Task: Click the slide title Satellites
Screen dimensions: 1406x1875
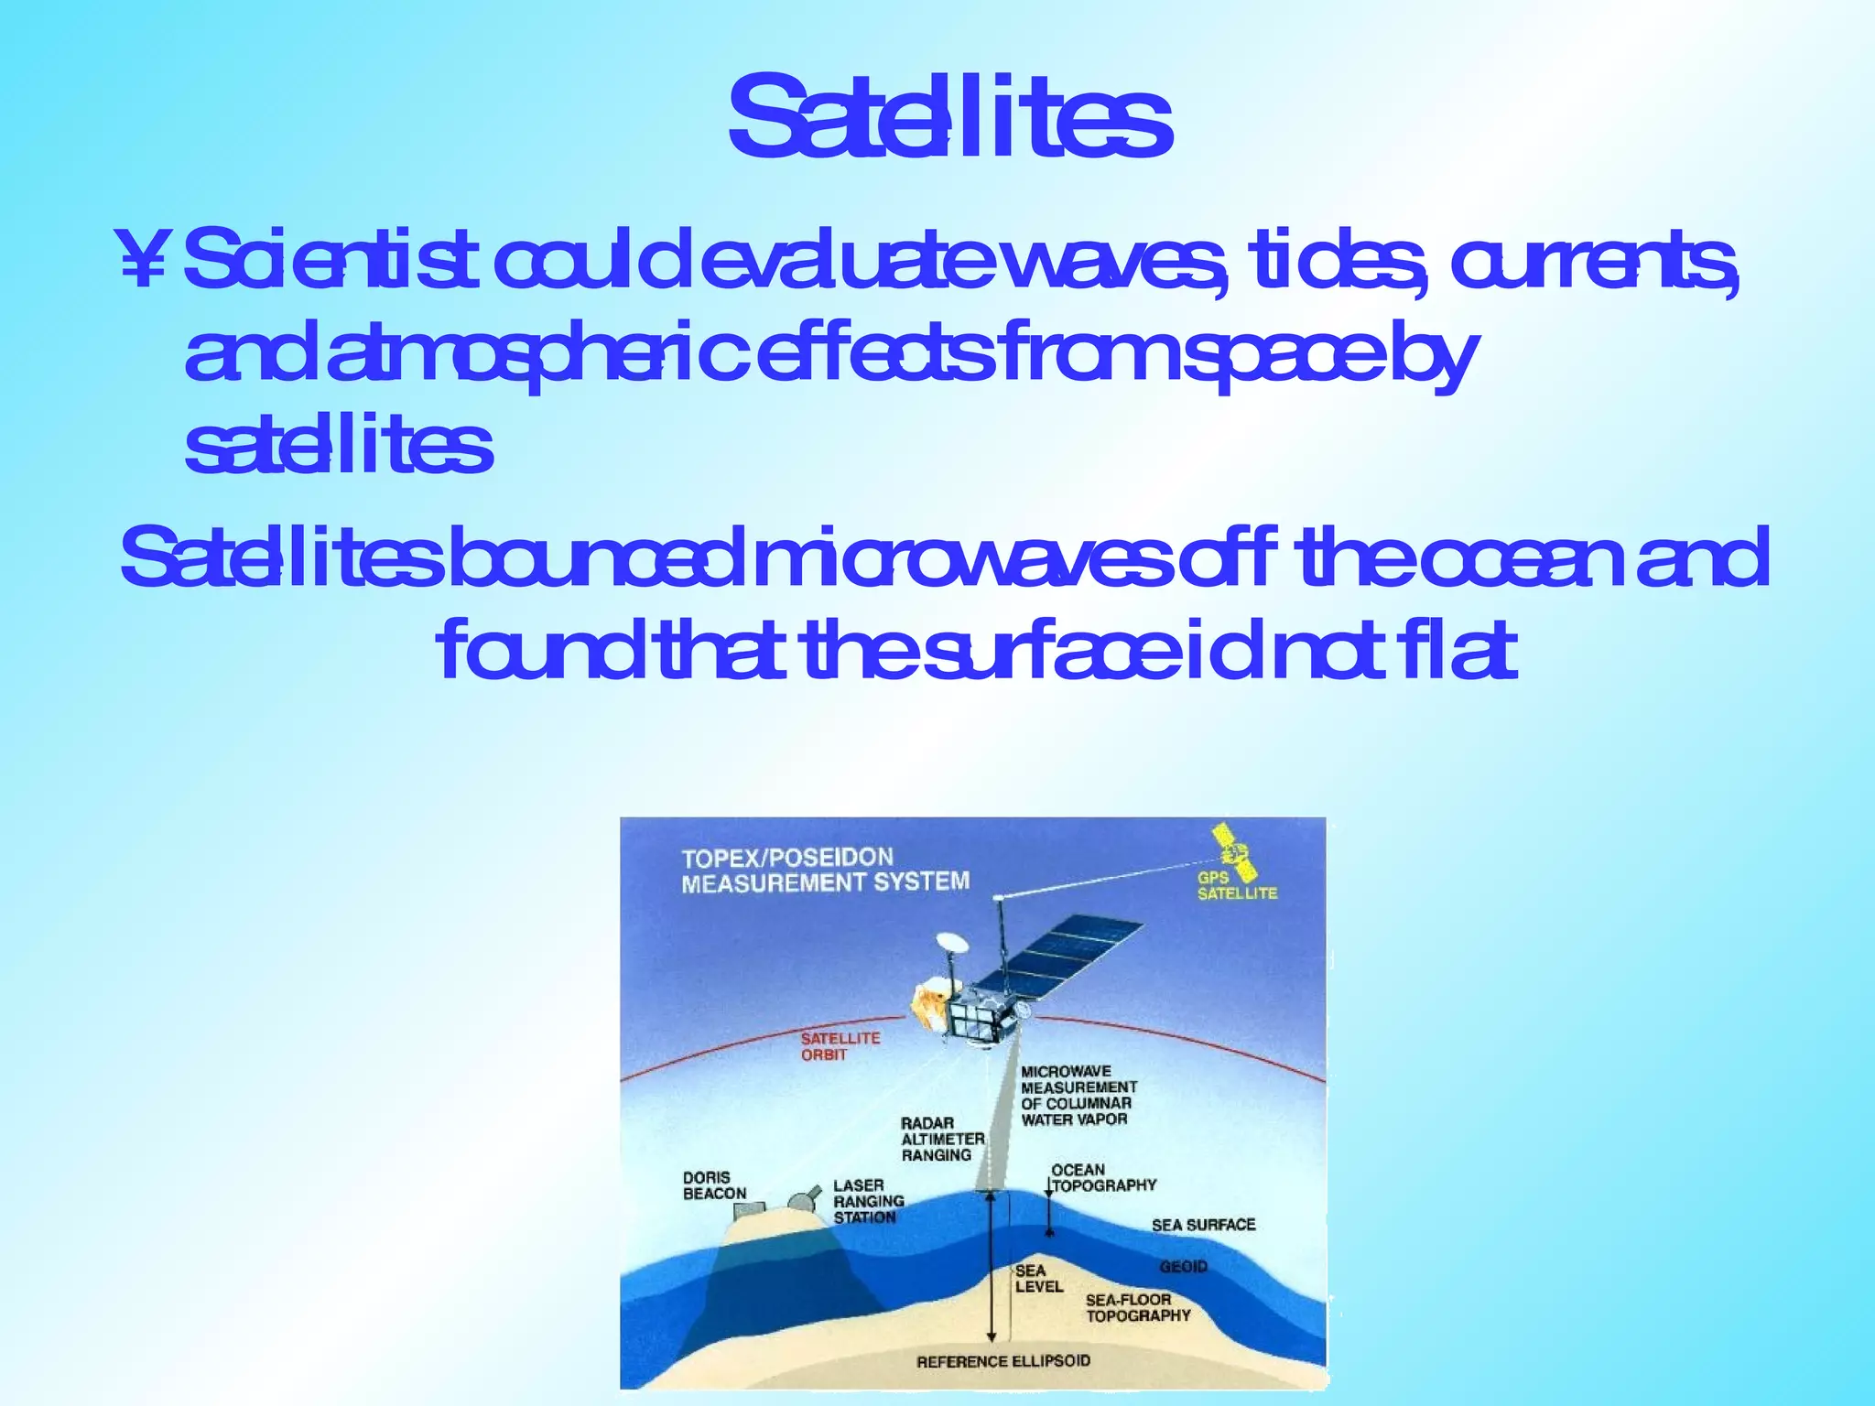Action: coord(949,119)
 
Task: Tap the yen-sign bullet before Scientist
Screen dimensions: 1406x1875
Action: coord(143,260)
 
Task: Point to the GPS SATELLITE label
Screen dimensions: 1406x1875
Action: coord(1236,885)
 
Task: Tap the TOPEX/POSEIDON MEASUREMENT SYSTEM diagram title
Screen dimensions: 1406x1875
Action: coord(825,870)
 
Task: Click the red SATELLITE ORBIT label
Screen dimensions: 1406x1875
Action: coord(840,1046)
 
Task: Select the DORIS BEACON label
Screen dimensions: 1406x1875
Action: coord(714,1185)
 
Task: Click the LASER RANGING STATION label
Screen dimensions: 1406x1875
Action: coord(868,1201)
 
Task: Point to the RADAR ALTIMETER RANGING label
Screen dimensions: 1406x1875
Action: coord(942,1139)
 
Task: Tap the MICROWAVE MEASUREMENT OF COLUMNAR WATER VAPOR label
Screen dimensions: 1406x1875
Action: coord(1078,1095)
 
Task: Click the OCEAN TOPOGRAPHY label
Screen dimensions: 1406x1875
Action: coord(1102,1177)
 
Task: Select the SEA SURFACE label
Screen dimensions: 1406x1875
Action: coord(1203,1225)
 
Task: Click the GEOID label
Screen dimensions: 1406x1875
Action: coord(1183,1267)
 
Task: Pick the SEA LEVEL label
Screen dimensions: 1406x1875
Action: coord(1038,1279)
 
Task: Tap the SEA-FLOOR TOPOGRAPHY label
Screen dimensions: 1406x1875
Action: coord(1137,1308)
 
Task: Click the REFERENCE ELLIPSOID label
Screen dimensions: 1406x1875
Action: coord(1003,1361)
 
